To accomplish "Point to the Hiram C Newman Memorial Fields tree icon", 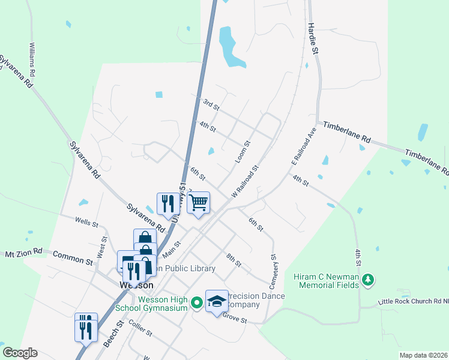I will pyautogui.click(x=369, y=280).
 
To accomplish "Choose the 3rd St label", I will pyautogui.click(x=211, y=104).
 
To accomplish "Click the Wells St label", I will pyautogui.click(x=87, y=223).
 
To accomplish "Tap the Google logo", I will pyautogui.click(x=19, y=353).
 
